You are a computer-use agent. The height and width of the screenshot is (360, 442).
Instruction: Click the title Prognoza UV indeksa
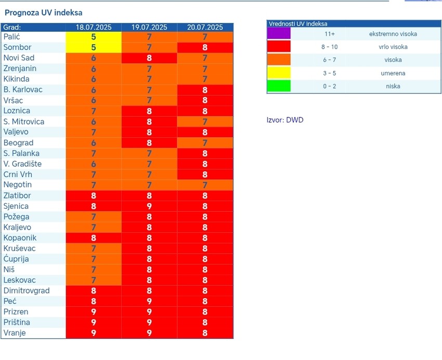[43, 12]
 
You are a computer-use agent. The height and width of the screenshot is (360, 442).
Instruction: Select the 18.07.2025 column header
[94, 27]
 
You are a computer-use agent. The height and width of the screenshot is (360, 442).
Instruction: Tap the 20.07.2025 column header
[205, 27]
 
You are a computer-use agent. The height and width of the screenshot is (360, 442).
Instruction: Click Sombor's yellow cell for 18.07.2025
[94, 47]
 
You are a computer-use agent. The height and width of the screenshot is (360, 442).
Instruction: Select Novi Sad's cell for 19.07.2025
[149, 58]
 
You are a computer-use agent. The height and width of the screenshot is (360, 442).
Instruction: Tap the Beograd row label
[18, 143]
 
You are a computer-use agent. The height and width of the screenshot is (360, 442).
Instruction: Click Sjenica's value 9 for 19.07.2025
[149, 206]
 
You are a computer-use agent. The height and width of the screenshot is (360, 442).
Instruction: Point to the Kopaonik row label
[20, 238]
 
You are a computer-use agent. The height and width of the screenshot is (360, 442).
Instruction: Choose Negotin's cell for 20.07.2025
[205, 185]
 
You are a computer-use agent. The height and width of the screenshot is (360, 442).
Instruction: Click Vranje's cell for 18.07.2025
[94, 333]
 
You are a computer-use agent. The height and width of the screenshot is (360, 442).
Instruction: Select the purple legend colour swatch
[279, 34]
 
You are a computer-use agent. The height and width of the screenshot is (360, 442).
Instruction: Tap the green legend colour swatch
[279, 86]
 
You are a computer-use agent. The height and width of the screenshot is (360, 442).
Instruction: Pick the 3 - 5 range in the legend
[329, 73]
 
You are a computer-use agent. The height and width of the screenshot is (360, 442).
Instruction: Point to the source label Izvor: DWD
[284, 120]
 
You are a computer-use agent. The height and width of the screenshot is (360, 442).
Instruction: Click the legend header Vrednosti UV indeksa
[298, 24]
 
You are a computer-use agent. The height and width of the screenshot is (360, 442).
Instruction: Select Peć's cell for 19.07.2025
[149, 301]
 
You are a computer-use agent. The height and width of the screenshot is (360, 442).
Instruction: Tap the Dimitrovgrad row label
[27, 291]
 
